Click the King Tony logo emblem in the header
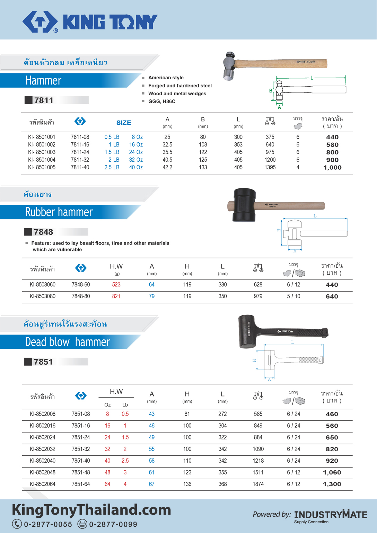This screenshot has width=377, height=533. pyautogui.click(x=40, y=22)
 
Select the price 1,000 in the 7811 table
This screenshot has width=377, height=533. pyautogui.click(x=332, y=168)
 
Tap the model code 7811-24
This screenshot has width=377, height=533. pyautogui.click(x=80, y=152)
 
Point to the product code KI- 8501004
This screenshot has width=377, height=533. pyautogui.click(x=42, y=160)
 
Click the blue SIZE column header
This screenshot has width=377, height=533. pyautogui.click(x=124, y=123)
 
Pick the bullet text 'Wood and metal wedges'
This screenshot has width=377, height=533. pyautogui.click(x=177, y=94)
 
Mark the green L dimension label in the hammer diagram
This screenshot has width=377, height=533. pyautogui.click(x=312, y=78)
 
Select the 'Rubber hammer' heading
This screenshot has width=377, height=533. pyautogui.click(x=59, y=212)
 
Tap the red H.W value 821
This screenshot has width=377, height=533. pyautogui.click(x=116, y=296)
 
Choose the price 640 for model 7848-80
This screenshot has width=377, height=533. pyautogui.click(x=332, y=296)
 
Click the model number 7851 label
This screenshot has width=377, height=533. pyautogui.click(x=43, y=362)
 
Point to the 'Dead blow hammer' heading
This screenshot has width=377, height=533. pyautogui.click(x=67, y=342)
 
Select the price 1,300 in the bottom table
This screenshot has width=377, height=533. pyautogui.click(x=332, y=484)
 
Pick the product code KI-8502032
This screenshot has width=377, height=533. pyautogui.click(x=43, y=449)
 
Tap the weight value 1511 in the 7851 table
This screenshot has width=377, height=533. pyautogui.click(x=258, y=472)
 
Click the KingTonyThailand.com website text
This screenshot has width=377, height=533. pyautogui.click(x=91, y=510)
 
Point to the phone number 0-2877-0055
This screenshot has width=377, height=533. pyautogui.click(x=48, y=524)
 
